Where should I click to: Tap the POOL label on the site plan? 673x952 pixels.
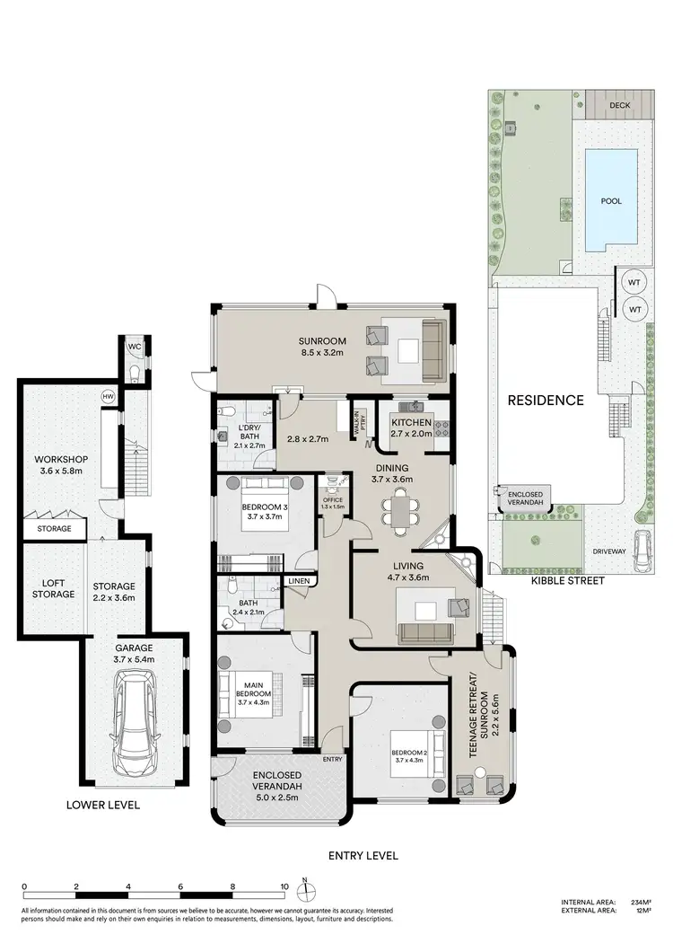611,201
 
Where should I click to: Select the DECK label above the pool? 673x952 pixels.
619,105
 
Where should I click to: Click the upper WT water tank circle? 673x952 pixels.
634,281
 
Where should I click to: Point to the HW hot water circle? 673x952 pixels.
108,396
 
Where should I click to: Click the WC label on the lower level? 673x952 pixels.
134,347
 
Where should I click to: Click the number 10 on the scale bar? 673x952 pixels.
284,886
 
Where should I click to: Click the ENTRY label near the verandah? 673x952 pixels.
333,759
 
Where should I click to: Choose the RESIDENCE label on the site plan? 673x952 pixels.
546,401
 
